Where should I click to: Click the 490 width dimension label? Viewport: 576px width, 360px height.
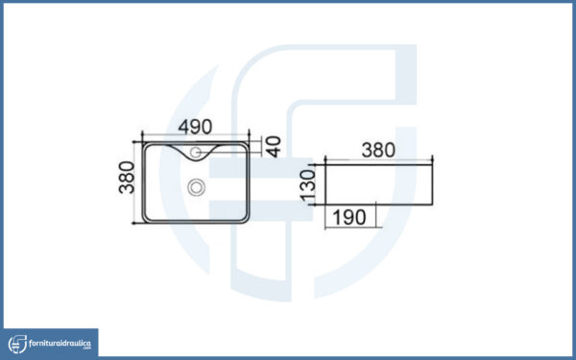pyautogui.click(x=195, y=127)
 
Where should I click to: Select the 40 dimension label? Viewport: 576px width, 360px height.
pyautogui.click(x=274, y=147)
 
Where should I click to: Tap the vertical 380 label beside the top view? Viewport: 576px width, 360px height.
pyautogui.click(x=127, y=178)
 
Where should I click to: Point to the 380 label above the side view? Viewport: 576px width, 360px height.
pyautogui.click(x=378, y=151)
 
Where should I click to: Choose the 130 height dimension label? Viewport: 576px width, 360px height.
pyautogui.click(x=308, y=185)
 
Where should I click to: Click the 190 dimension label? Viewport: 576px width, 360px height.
pyautogui.click(x=349, y=218)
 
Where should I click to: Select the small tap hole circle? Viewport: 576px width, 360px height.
pyautogui.click(x=196, y=152)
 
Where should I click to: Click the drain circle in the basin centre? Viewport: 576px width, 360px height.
pyautogui.click(x=196, y=187)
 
